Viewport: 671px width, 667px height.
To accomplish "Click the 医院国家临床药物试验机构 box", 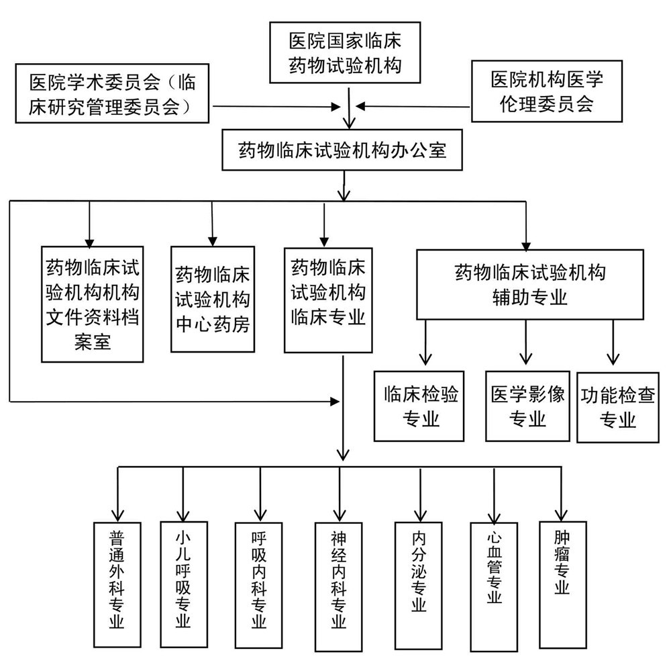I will (344, 54).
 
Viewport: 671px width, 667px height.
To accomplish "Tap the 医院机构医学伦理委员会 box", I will (547, 91).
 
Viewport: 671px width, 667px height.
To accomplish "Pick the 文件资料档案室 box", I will (92, 303).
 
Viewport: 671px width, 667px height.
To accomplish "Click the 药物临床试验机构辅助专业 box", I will (530, 285).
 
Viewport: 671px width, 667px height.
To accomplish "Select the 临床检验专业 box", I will (420, 406).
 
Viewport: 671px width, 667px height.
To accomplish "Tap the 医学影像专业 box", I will (527, 406).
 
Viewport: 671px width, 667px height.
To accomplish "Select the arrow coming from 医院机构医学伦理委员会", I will (413, 106).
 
